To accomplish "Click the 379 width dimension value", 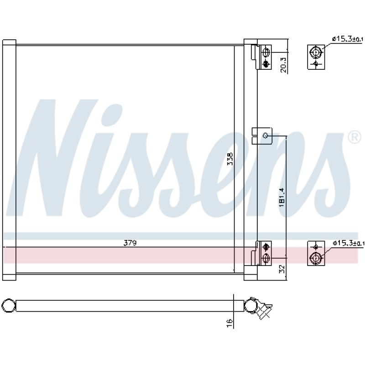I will click(130, 243).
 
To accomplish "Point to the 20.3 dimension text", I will click(283, 64).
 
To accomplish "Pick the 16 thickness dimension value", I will click(230, 322).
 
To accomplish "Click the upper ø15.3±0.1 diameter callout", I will click(348, 40).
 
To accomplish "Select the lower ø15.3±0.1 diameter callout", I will click(348, 243).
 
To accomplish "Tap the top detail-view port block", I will click(315, 57).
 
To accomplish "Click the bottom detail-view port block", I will click(315, 253).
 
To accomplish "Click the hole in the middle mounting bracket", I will click(265, 135).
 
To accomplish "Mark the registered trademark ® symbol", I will click(354, 137).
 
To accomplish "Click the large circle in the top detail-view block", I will click(315, 52).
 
